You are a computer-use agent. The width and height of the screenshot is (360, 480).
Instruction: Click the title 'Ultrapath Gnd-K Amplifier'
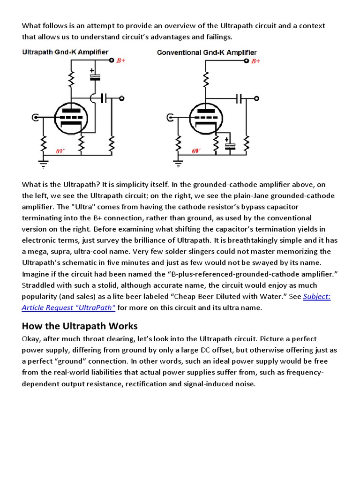pyautogui.click(x=66, y=52)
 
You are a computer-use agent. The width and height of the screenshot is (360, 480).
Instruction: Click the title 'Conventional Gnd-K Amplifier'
pyautogui.click(x=207, y=52)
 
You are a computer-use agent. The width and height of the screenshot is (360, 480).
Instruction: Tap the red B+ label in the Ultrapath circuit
pyautogui.click(x=121, y=61)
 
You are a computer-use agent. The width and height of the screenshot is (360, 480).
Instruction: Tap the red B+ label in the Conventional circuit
pyautogui.click(x=256, y=61)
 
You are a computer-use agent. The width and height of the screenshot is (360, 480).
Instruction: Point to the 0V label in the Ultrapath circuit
pyautogui.click(x=60, y=151)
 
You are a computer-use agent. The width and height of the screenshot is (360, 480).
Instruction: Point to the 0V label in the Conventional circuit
pyautogui.click(x=196, y=151)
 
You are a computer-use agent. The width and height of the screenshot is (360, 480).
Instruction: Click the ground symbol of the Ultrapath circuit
pyautogui.click(x=43, y=164)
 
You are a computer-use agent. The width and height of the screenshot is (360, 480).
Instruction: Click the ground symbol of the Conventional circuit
pyautogui.click(x=178, y=164)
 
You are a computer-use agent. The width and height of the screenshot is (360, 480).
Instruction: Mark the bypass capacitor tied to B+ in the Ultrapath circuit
pyautogui.click(x=96, y=76)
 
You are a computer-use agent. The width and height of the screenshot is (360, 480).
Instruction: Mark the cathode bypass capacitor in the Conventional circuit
pyautogui.click(x=230, y=145)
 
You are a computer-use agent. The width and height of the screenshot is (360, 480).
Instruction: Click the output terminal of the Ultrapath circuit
pyautogui.click(x=121, y=98)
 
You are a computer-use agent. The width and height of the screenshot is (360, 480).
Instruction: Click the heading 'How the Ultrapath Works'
pyautogui.click(x=80, y=326)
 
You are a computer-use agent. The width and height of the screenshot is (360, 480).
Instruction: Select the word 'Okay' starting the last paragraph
pyautogui.click(x=32, y=339)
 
